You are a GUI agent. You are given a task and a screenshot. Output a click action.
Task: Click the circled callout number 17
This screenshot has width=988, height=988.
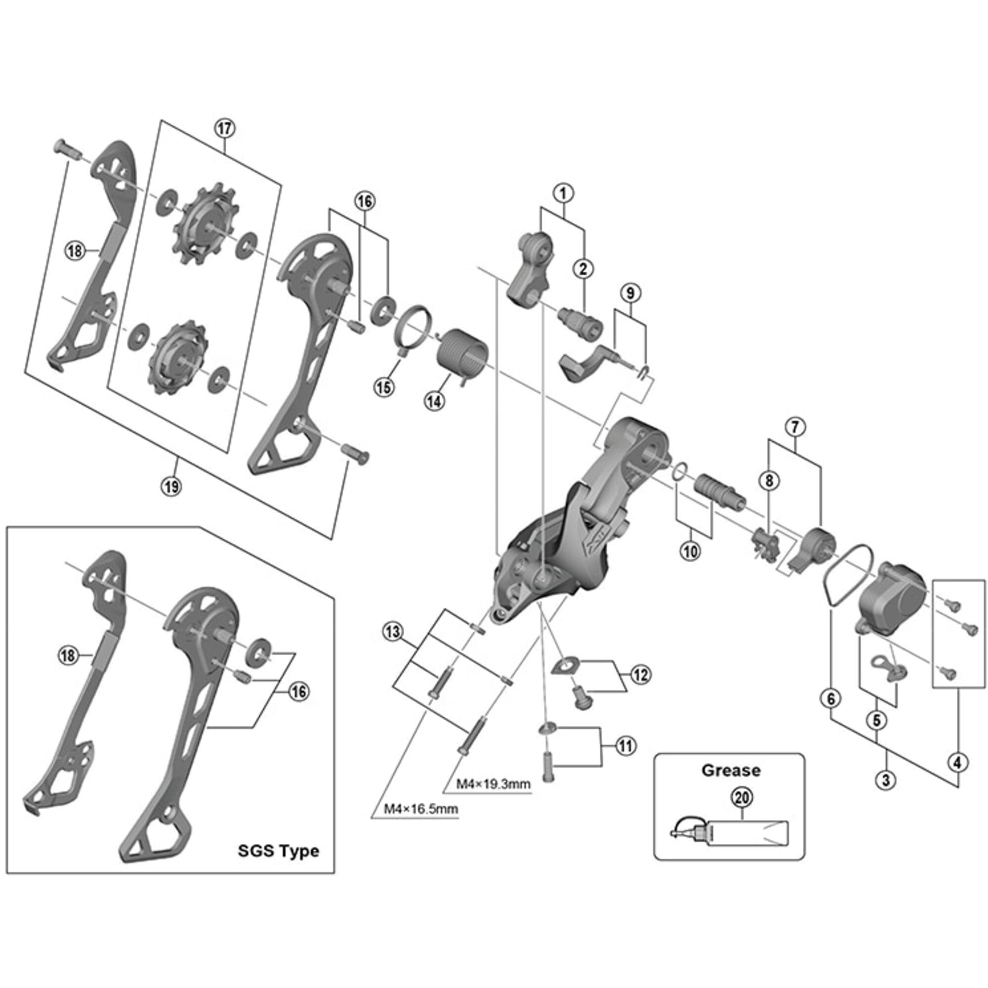tap(225, 128)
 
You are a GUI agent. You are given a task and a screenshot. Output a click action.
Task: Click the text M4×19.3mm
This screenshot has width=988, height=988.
tap(494, 784)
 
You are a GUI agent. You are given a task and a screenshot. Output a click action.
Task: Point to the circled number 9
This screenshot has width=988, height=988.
tap(630, 293)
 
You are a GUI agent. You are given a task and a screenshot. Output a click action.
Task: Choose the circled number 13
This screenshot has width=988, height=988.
tap(393, 633)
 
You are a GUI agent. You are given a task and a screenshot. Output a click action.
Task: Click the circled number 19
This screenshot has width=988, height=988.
tap(172, 486)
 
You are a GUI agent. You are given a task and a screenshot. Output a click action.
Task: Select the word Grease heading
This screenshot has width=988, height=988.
tap(731, 770)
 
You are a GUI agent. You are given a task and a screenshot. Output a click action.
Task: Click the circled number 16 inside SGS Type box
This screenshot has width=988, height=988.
tap(299, 692)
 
